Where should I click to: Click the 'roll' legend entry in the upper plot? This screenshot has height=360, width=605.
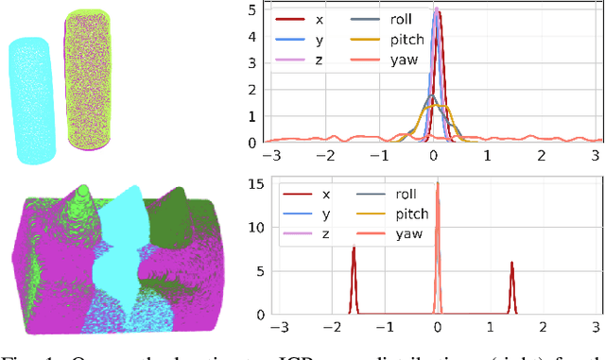coord(388,19)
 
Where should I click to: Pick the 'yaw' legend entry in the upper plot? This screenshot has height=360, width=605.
coord(389,62)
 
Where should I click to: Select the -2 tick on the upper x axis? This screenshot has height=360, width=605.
coord(326,154)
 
